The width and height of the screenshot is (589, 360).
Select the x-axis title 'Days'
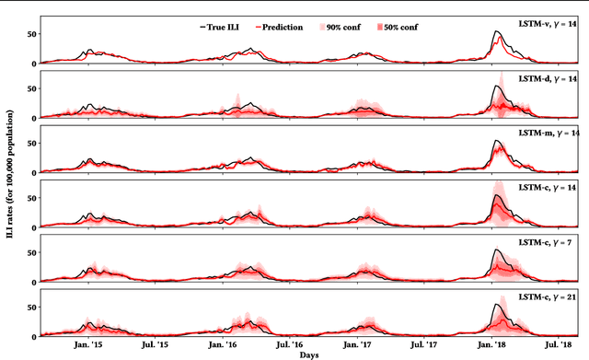(x=310, y=354)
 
